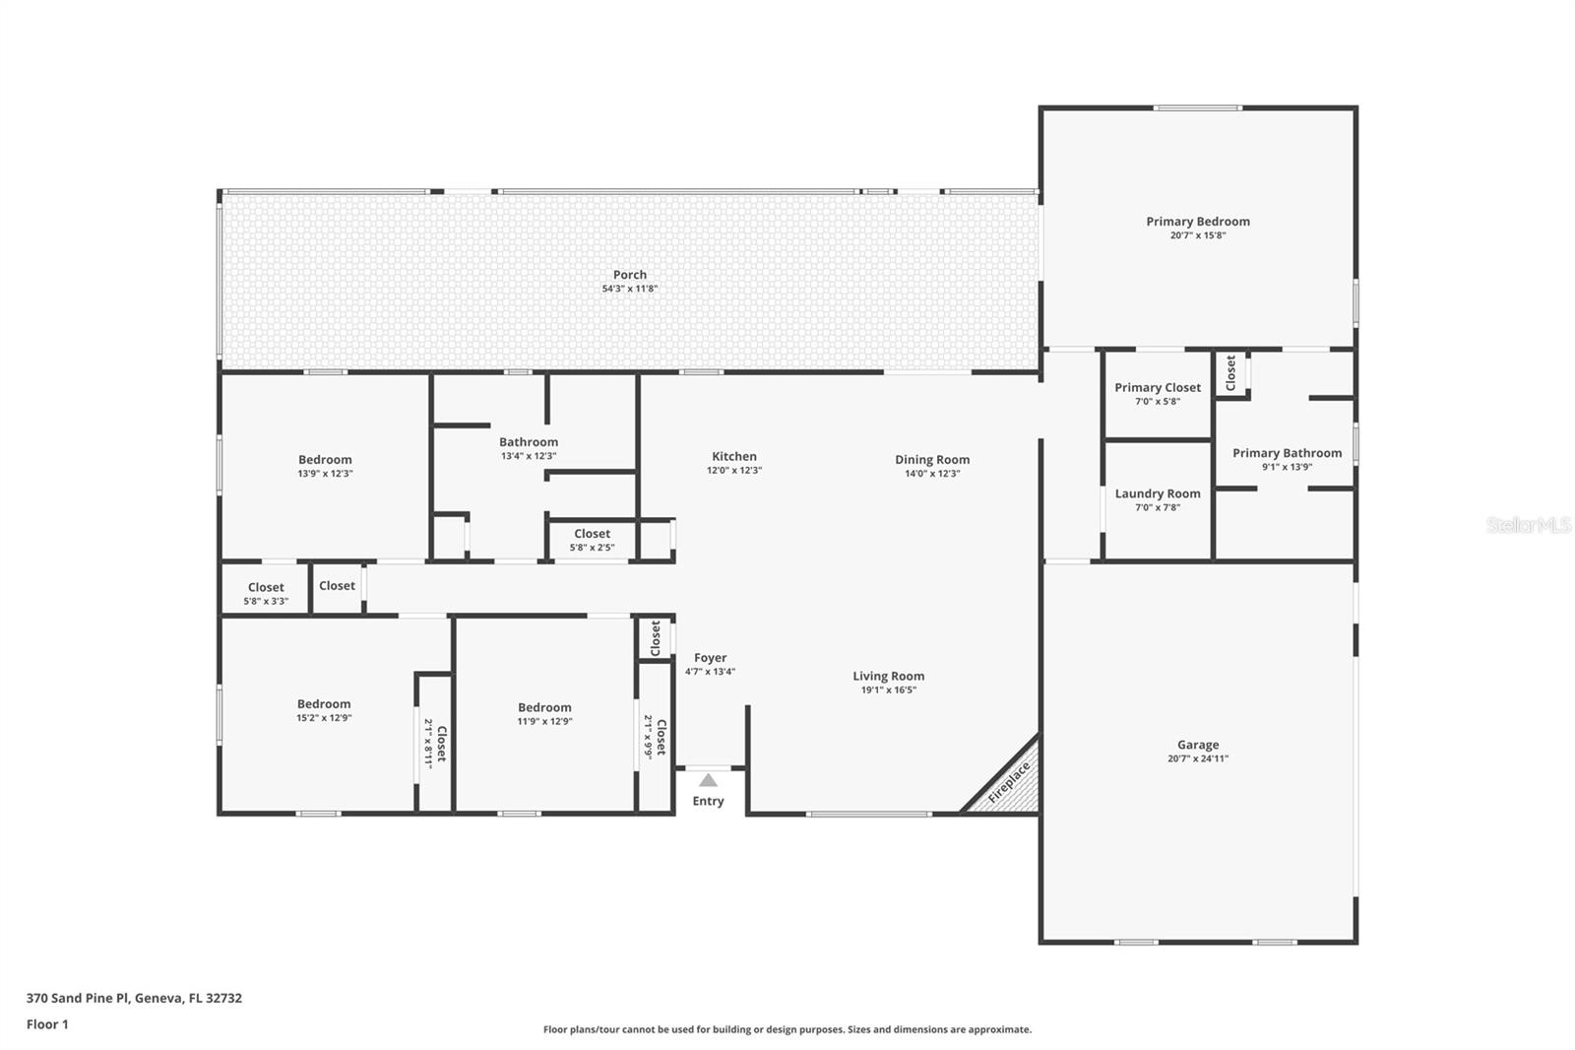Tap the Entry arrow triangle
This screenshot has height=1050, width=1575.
[x=708, y=780]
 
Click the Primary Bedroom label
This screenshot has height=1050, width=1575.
[x=1197, y=222]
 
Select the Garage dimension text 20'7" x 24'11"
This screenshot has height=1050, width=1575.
[x=1197, y=758]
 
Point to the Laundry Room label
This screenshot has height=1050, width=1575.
[x=1157, y=493]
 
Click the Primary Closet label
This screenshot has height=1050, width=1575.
[x=1157, y=387]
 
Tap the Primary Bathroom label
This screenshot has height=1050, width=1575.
[x=1287, y=453]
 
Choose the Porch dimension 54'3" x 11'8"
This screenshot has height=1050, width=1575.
[x=629, y=289]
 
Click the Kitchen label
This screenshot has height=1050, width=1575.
[x=733, y=456]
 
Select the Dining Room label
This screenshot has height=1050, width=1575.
[x=931, y=459]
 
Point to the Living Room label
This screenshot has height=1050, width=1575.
[x=888, y=676]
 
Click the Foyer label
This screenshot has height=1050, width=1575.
[x=710, y=658]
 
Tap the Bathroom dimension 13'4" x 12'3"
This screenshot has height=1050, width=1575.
[x=529, y=456]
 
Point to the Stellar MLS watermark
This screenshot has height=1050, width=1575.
[x=1528, y=525]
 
